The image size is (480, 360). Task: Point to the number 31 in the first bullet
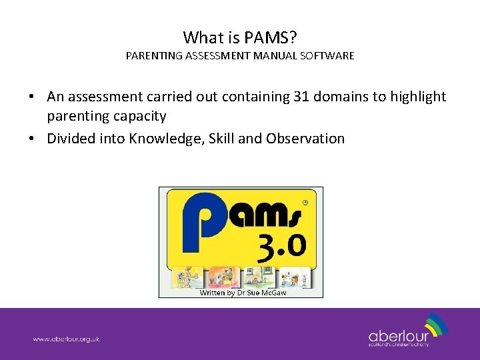(x=301, y=97)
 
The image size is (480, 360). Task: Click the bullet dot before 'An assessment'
(x=31, y=97)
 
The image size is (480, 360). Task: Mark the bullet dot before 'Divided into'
(x=31, y=139)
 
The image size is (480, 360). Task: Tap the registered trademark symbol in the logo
(x=305, y=201)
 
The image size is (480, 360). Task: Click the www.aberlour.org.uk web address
(x=67, y=339)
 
